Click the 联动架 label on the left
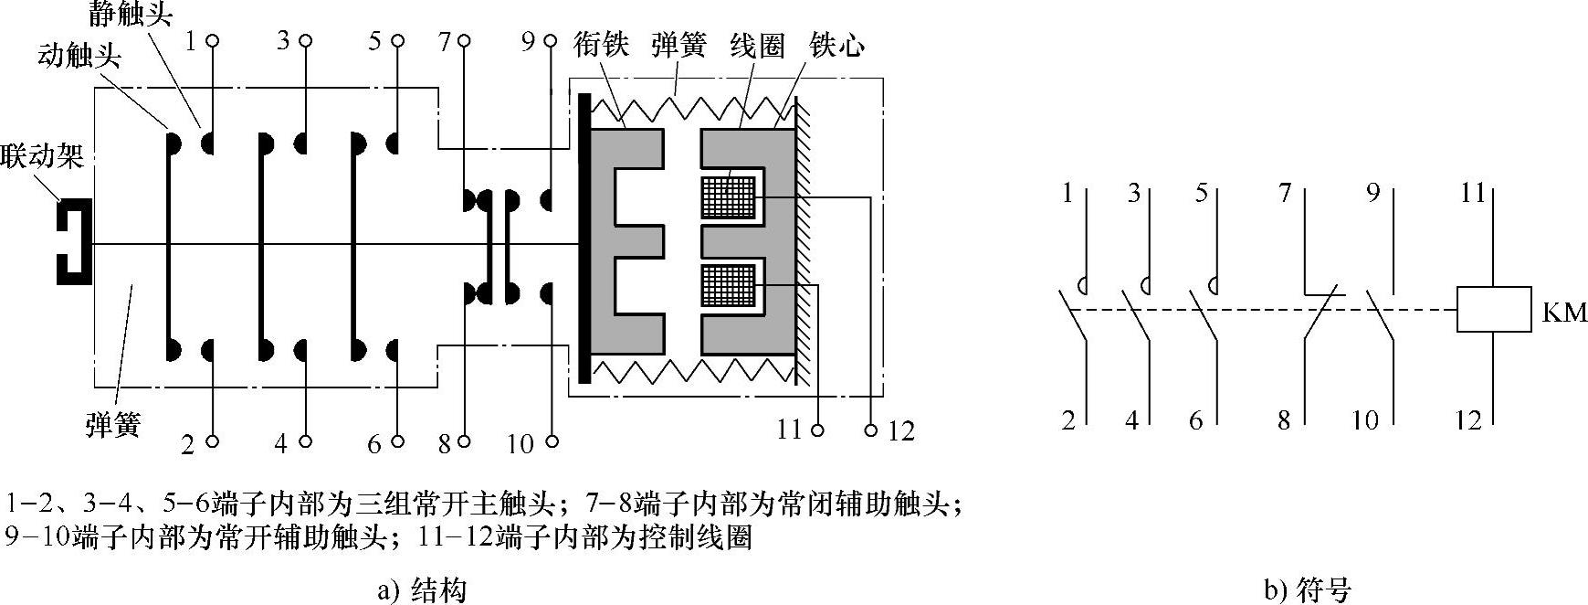(42, 156)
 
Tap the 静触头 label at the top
(131, 14)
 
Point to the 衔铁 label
(602, 45)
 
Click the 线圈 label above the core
(758, 45)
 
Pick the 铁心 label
(836, 45)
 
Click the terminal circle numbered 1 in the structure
(213, 41)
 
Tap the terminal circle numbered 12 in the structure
(871, 429)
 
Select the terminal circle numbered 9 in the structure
(550, 41)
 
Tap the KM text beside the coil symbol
(1564, 313)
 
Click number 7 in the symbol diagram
(1286, 194)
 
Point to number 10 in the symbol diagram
(1365, 420)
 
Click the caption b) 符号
(1307, 590)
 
